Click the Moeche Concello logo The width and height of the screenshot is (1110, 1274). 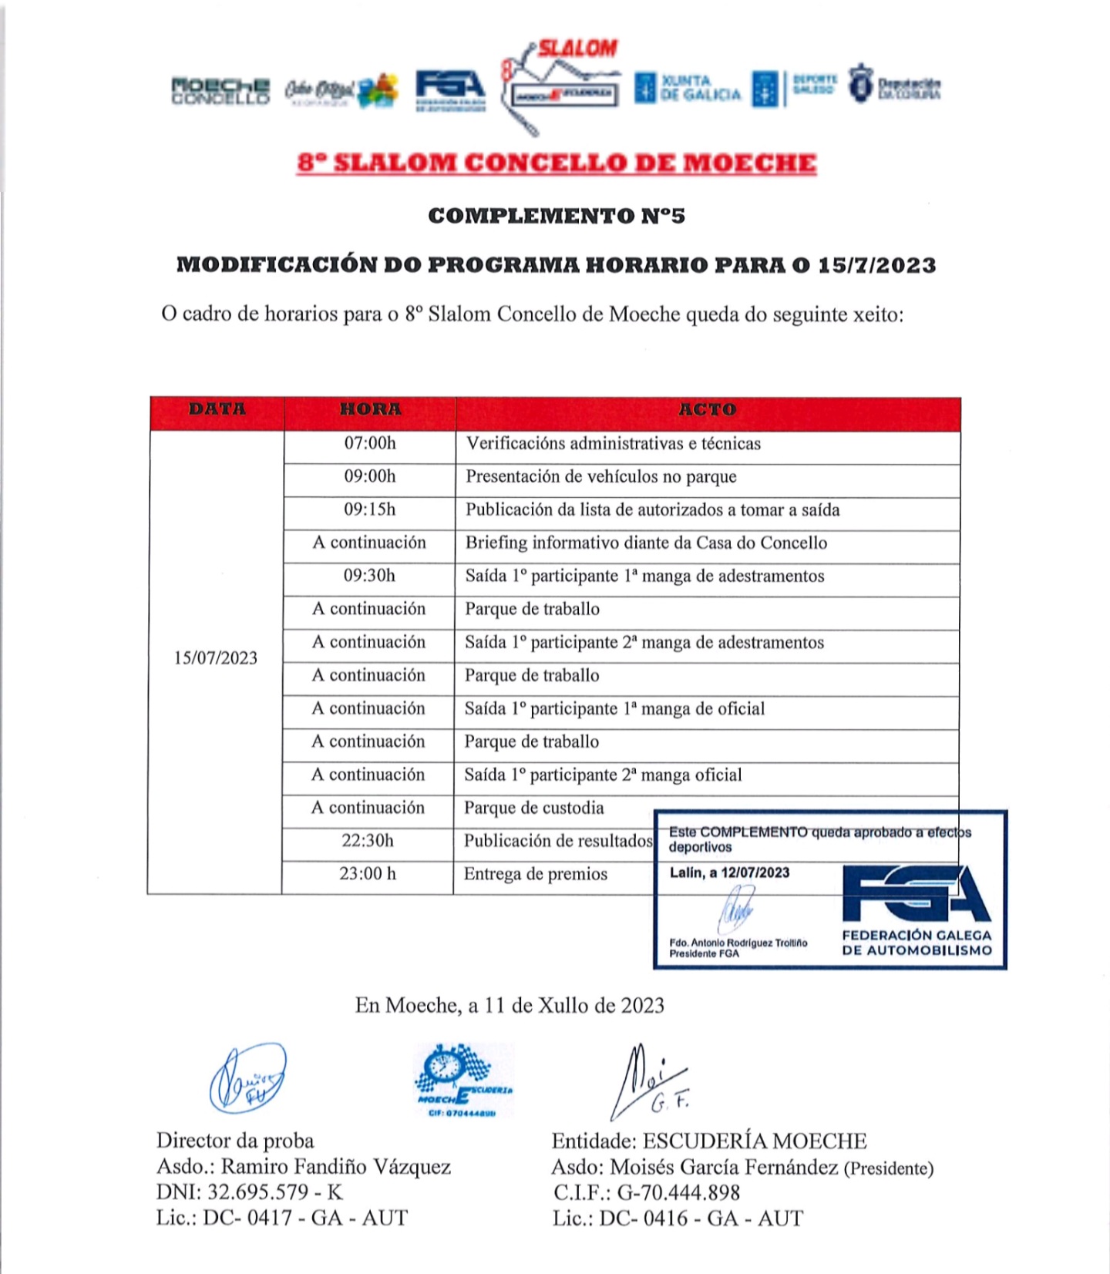pyautogui.click(x=220, y=91)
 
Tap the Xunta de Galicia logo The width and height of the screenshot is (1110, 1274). pyautogui.click(x=688, y=88)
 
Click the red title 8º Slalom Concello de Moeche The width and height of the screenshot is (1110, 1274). pyautogui.click(x=557, y=163)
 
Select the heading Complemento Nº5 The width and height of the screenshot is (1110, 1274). pyautogui.click(x=557, y=216)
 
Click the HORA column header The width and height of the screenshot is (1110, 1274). pyautogui.click(x=370, y=409)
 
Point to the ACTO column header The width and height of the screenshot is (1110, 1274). pyautogui.click(x=707, y=409)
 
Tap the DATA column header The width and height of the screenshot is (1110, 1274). pyautogui.click(x=217, y=409)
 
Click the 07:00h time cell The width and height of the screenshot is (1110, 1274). pyautogui.click(x=370, y=443)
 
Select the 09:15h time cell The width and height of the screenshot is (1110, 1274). pyautogui.click(x=370, y=509)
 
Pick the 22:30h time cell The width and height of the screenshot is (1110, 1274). pyautogui.click(x=368, y=841)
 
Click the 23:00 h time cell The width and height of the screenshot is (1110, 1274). pyautogui.click(x=368, y=874)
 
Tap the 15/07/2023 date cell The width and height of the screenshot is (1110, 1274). pyautogui.click(x=216, y=658)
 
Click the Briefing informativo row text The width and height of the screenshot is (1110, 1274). pyautogui.click(x=646, y=543)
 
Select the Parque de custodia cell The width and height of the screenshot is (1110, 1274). pyautogui.click(x=533, y=808)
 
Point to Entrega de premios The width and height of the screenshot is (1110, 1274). pyautogui.click(x=535, y=874)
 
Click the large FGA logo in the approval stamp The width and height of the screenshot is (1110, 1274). pyautogui.click(x=916, y=894)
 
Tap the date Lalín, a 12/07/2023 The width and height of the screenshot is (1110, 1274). pyautogui.click(x=729, y=872)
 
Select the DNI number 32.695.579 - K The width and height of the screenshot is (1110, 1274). pyautogui.click(x=249, y=1192)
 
